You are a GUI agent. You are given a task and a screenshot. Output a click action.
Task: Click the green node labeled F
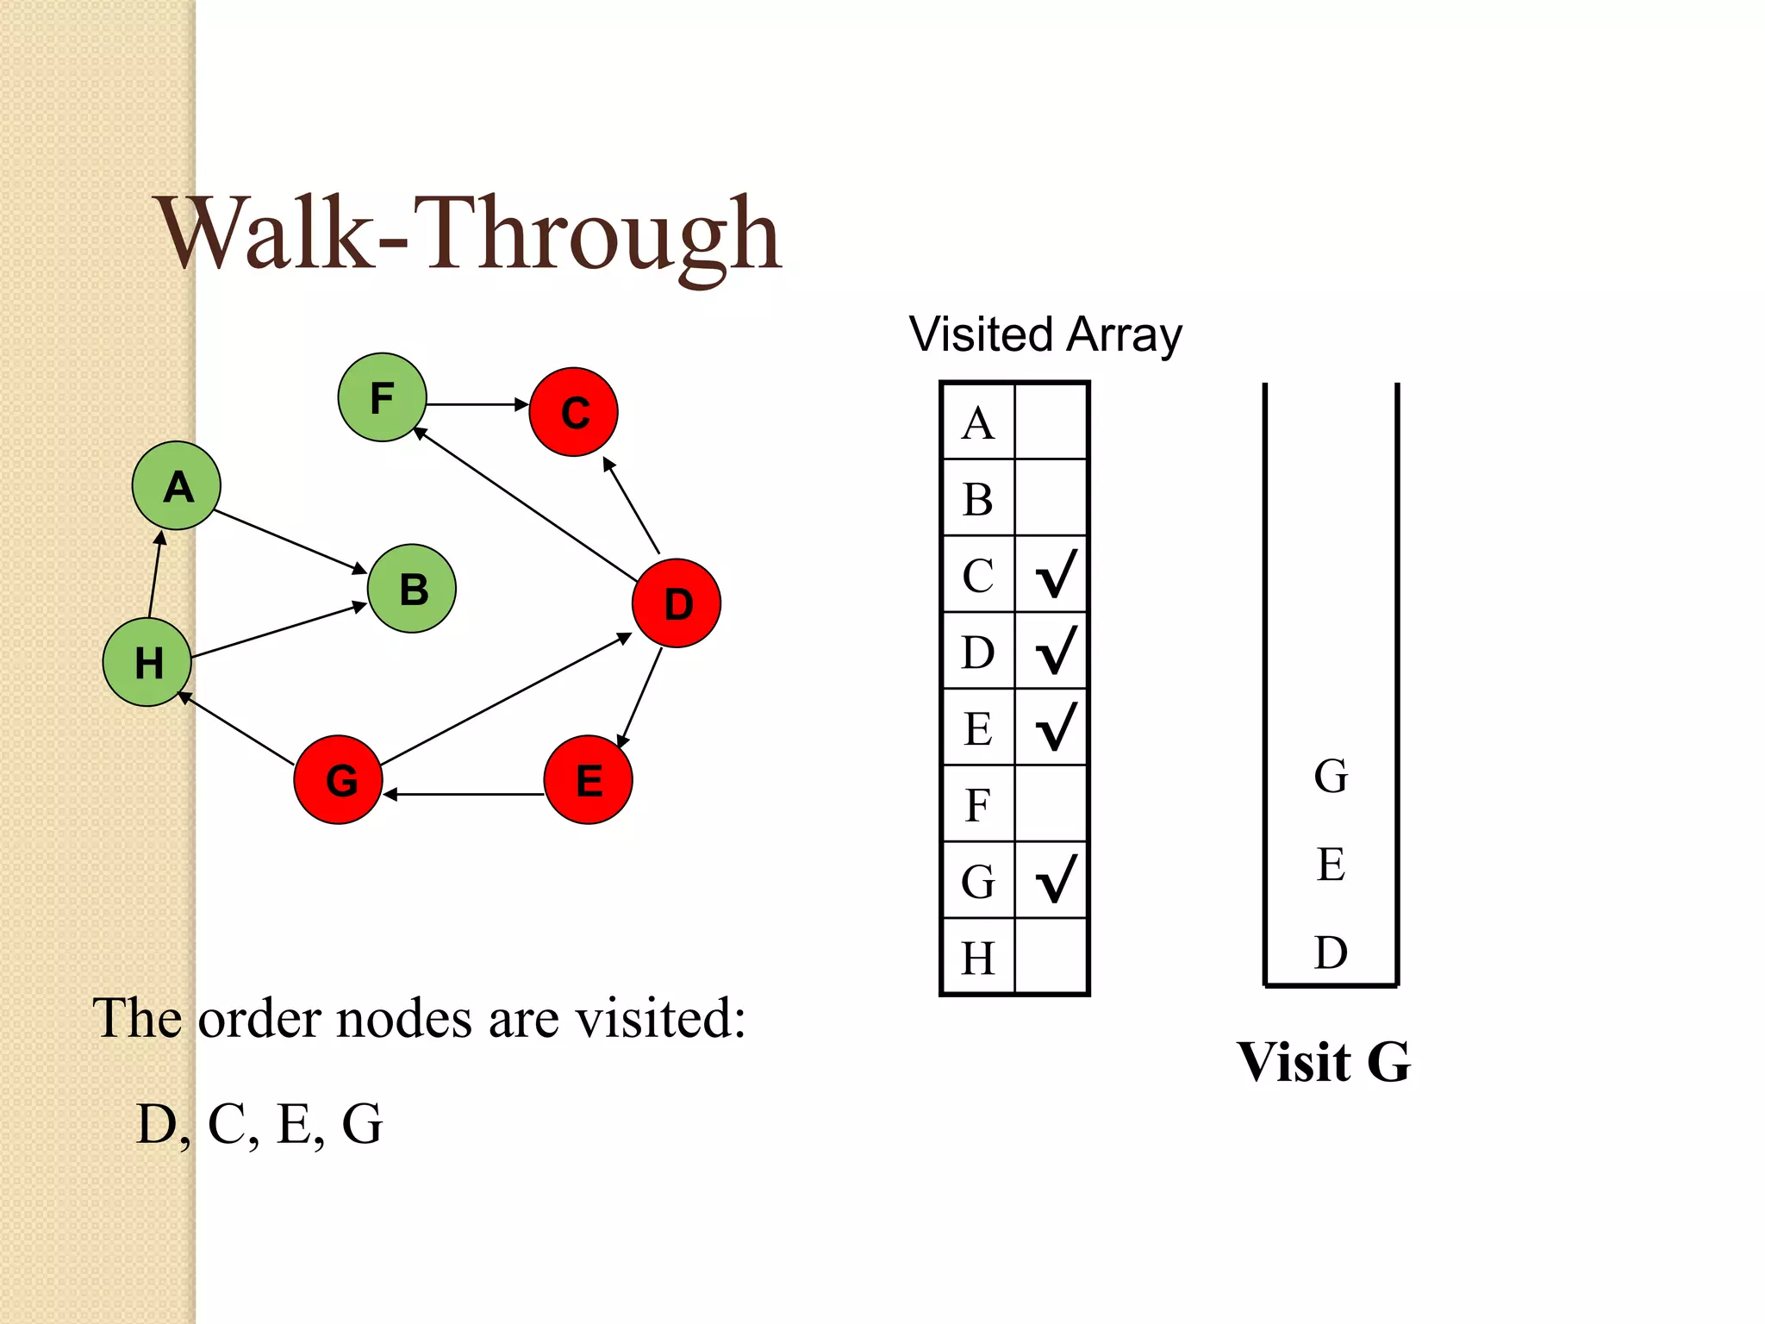382,397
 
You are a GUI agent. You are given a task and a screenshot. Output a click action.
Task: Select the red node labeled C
573,412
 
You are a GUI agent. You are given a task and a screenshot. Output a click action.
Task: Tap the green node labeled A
177,486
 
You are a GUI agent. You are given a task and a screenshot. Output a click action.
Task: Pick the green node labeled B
412,589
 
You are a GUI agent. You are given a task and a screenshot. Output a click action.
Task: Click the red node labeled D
677,603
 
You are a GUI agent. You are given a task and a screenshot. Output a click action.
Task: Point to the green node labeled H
147,662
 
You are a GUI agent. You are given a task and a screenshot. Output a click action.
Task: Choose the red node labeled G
339,779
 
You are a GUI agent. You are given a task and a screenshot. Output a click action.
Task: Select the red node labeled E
589,779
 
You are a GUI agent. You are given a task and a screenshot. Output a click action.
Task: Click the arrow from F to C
477,404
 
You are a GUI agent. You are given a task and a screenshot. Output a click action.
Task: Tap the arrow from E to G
465,794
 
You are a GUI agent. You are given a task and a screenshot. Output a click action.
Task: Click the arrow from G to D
507,700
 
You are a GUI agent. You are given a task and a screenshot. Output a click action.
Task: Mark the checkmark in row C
1055,574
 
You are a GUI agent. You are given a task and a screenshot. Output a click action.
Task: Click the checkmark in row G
1055,879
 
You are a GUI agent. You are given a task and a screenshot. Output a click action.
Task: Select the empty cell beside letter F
1051,804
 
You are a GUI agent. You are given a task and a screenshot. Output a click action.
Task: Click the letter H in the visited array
978,958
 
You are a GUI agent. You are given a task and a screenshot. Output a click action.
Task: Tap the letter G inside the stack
1331,776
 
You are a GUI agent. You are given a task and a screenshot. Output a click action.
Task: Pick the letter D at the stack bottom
1331,952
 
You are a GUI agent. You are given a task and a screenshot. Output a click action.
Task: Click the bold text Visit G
1323,1061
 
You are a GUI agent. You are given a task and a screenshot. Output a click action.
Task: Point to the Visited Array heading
1045,334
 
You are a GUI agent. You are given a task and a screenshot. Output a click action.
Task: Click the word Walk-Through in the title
470,234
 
